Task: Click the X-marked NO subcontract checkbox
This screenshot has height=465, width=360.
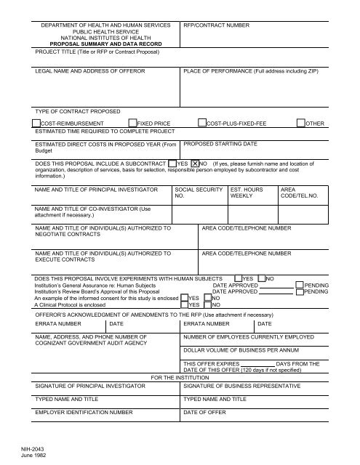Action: coord(194,164)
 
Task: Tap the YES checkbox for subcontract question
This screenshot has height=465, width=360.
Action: coord(172,164)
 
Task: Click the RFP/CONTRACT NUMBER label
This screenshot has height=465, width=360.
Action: coord(216,25)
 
